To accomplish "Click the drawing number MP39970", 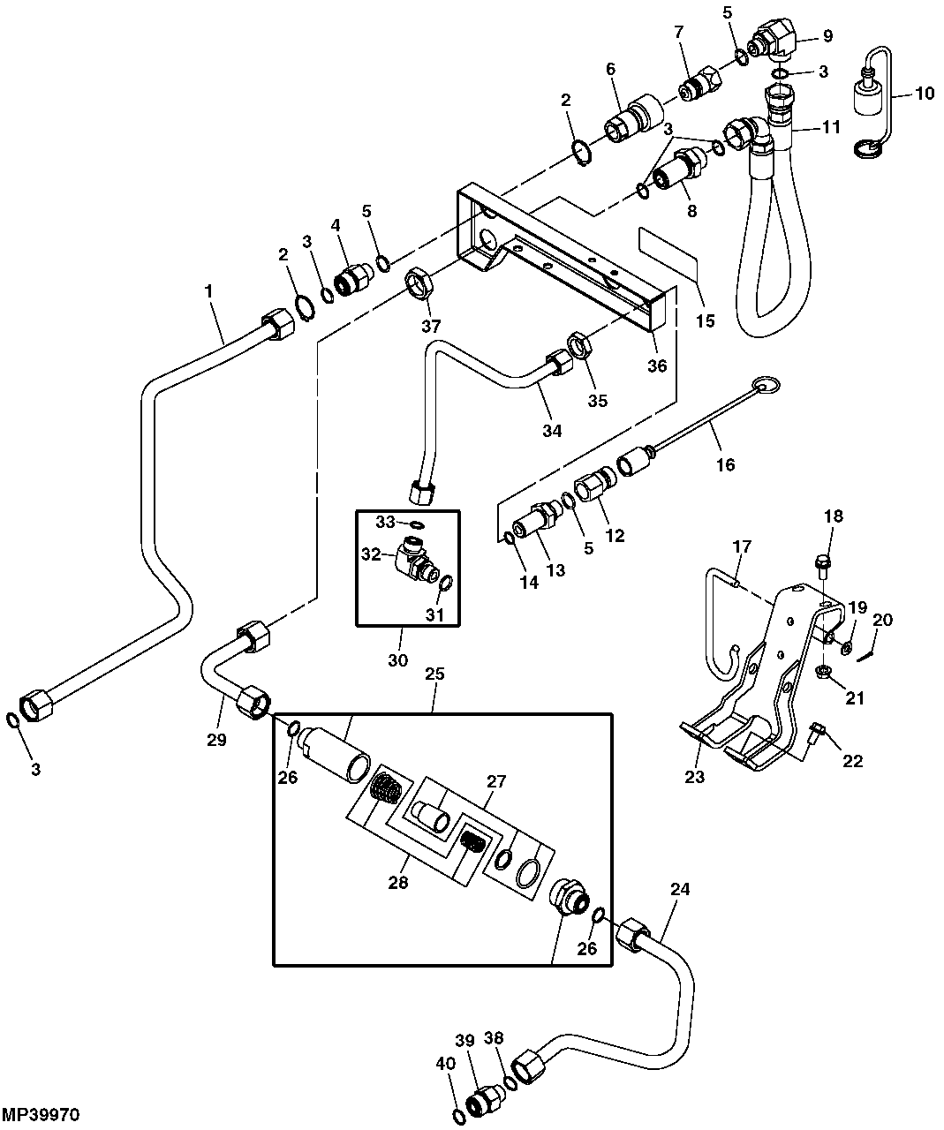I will (42, 1116).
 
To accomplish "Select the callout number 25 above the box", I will (434, 674).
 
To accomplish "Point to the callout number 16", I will (724, 464).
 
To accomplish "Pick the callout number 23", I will (695, 777).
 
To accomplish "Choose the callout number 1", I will (209, 290).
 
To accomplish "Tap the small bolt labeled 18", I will (821, 561).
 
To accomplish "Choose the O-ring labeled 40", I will (458, 1117).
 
